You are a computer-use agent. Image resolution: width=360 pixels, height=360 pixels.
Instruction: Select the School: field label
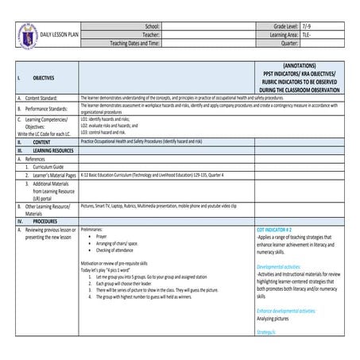149,26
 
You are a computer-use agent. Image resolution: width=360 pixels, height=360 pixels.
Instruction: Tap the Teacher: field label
148,35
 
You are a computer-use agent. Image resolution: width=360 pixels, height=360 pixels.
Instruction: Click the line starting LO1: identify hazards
110,118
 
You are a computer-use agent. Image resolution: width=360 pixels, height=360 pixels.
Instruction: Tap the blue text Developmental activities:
285,268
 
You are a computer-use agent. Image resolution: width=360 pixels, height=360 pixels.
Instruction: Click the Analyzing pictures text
275,317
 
